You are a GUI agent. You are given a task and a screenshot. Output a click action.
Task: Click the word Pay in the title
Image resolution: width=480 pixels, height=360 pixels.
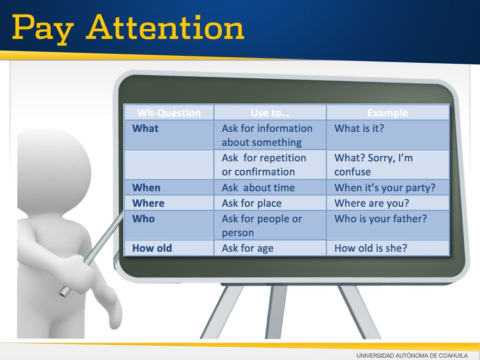43,30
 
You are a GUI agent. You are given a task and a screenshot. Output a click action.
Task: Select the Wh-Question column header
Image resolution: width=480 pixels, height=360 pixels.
169,113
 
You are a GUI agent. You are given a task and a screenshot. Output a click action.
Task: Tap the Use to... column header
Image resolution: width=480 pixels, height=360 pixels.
270,113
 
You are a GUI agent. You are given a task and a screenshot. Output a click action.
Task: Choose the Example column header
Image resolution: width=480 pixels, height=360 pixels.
388,113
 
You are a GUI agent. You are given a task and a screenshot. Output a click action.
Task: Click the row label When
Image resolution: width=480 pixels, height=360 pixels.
146,187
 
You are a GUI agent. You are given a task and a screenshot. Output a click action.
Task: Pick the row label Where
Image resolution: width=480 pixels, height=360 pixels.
148,203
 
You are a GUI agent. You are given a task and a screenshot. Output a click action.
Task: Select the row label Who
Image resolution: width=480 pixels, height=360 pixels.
143,219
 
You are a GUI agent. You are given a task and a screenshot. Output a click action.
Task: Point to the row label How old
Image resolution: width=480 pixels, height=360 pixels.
152,248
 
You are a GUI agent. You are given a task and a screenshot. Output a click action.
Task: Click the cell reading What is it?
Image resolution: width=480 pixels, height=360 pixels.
359,128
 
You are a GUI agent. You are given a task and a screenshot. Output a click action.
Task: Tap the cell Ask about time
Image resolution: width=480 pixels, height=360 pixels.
258,187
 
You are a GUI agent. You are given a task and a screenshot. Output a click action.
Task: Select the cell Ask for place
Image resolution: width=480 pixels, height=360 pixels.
252,203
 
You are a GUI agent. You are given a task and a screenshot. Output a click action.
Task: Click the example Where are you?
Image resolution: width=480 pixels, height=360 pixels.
372,203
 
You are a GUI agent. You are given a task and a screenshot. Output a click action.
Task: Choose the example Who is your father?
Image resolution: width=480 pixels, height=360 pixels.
381,219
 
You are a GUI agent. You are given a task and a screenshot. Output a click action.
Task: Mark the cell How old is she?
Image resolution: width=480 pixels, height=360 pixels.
371,248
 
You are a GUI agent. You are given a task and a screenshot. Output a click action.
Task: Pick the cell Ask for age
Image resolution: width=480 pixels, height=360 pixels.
247,248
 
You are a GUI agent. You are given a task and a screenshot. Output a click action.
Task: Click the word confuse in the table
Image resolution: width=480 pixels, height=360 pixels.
352,172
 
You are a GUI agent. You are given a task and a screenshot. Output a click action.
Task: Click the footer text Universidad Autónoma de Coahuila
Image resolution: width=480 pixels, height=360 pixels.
412,356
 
